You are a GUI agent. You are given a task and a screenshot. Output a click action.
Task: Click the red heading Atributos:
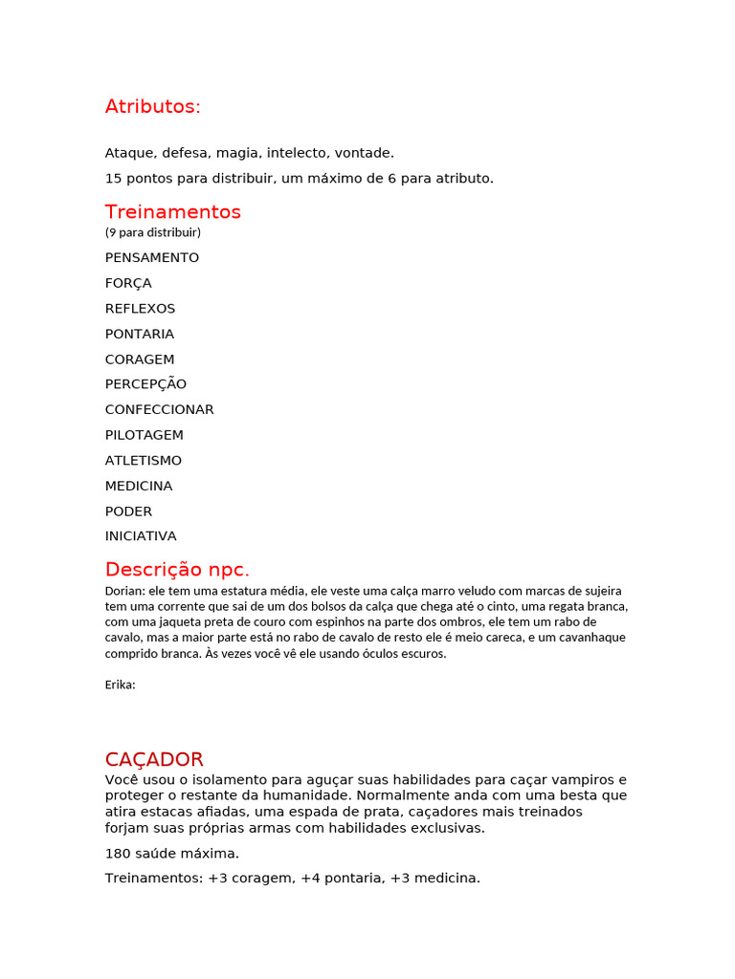tap(153, 107)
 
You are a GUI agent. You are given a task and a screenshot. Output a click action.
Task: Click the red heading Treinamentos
tap(173, 212)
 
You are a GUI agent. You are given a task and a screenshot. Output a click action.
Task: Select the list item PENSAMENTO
tap(152, 258)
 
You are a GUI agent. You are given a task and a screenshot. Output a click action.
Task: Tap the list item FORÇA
tap(128, 283)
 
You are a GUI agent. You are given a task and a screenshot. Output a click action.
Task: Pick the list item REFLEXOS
tap(140, 309)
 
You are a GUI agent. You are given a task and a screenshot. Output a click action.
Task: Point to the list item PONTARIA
tap(140, 334)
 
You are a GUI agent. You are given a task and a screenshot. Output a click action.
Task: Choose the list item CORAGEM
tap(140, 359)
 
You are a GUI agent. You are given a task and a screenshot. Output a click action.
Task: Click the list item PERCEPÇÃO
tap(145, 384)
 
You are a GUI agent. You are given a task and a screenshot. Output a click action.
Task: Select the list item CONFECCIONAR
tap(160, 410)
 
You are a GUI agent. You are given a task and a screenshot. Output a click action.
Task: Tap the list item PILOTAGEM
tap(145, 435)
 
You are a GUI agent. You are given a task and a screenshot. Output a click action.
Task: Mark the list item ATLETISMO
tap(144, 461)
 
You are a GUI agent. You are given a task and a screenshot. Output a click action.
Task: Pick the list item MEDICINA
tap(139, 486)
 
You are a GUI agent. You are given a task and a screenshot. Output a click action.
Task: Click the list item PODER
tap(128, 511)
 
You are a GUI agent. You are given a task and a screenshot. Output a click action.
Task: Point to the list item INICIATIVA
tap(141, 536)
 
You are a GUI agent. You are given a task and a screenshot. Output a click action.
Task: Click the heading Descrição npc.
tap(177, 570)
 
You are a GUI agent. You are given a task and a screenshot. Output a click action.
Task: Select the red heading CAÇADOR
tap(154, 760)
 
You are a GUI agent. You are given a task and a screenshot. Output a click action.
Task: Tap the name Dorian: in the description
tap(125, 591)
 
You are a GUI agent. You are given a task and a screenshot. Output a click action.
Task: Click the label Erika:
tap(121, 685)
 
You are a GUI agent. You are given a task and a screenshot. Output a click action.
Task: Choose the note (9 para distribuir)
tap(153, 232)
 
